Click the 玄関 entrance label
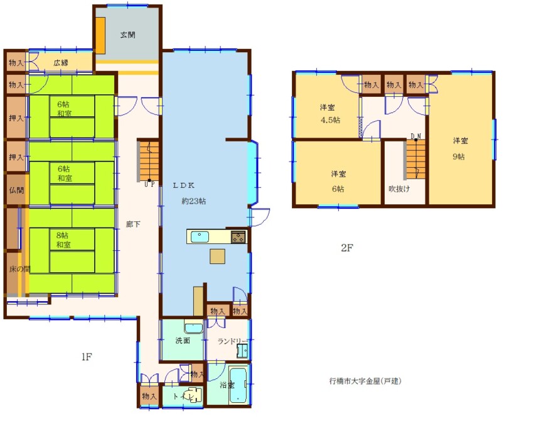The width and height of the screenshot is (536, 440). click(127, 35)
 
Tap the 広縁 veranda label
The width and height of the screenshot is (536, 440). click(61, 63)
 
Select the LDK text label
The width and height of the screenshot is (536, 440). click(183, 185)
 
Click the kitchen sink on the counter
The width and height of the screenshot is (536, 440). click(200, 236)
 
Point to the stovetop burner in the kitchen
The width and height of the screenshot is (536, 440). click(239, 237)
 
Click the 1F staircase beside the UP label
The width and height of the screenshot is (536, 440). click(149, 162)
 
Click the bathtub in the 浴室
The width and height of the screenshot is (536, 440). click(239, 385)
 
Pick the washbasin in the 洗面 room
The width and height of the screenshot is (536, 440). click(194, 327)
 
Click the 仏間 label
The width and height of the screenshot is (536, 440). click(16, 190)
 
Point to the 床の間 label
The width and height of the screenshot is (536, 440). click(19, 269)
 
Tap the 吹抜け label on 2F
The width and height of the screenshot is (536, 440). click(399, 189)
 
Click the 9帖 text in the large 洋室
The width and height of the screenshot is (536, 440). click(459, 157)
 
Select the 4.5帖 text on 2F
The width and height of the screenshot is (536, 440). click(330, 120)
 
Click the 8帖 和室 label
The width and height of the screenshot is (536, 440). click(63, 239)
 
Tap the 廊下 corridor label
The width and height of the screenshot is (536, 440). click(133, 224)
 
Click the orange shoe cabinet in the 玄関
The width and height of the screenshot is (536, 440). click(100, 35)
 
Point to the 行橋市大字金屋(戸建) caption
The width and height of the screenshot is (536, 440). click(365, 381)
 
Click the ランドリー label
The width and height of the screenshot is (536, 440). click(232, 341)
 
